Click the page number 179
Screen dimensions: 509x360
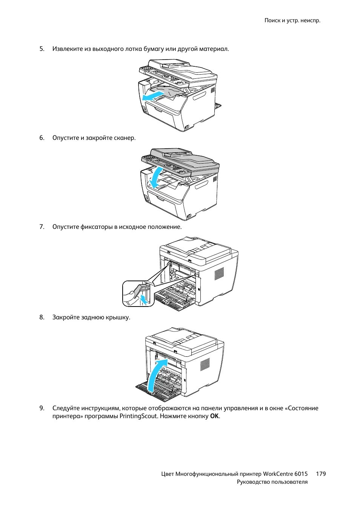pyautogui.click(x=321, y=474)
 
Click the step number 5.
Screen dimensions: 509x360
pyautogui.click(x=42, y=49)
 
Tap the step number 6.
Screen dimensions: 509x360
pyautogui.click(x=42, y=138)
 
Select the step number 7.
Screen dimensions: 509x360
pyautogui.click(x=42, y=227)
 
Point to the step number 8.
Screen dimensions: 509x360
pyautogui.click(x=42, y=317)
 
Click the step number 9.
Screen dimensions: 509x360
pyautogui.click(x=42, y=408)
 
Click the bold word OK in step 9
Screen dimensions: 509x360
pyautogui.click(x=214, y=416)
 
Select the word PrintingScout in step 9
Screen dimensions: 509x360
pyautogui.click(x=138, y=416)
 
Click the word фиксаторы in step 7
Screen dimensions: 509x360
pyautogui.click(x=97, y=227)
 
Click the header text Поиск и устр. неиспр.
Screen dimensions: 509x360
pyautogui.click(x=292, y=20)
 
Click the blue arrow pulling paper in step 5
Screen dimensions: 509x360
pyautogui.click(x=153, y=97)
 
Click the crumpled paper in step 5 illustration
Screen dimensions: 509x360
pyautogui.click(x=170, y=91)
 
